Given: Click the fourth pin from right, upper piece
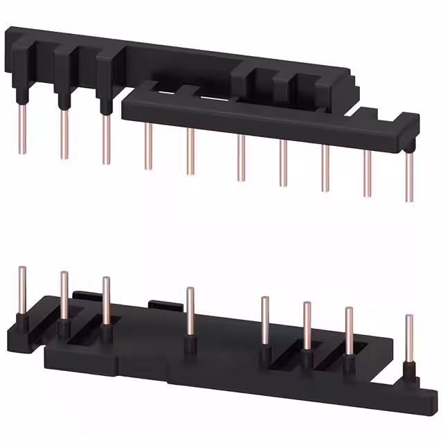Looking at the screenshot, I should click(x=283, y=163).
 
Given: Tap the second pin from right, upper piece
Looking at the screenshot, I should click(x=368, y=173).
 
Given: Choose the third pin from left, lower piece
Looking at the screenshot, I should click(x=106, y=302).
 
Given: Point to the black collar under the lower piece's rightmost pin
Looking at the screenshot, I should click(x=410, y=374).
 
